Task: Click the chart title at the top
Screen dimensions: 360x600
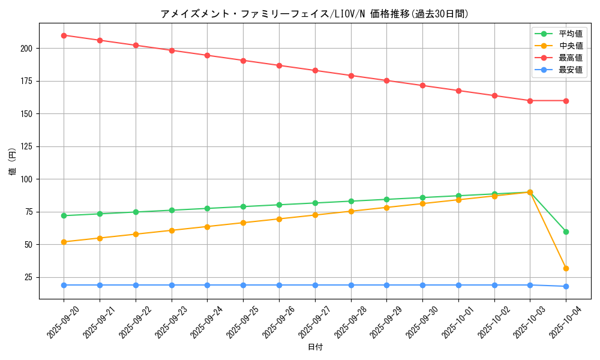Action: click(314, 14)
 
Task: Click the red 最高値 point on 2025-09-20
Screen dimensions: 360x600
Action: click(64, 35)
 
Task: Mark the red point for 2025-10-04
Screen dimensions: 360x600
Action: click(566, 101)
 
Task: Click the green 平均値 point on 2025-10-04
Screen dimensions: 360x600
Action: click(566, 232)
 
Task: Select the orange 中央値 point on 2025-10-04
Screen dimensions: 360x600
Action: click(566, 268)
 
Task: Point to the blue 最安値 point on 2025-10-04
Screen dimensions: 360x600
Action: click(566, 286)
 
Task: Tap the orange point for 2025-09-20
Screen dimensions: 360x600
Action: click(64, 242)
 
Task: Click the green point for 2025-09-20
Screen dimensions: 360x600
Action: click(64, 215)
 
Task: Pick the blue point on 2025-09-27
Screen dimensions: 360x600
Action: click(315, 285)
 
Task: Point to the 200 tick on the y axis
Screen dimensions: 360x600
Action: click(28, 48)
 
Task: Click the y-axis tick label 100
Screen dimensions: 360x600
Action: click(28, 179)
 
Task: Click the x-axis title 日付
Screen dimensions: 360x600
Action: click(315, 347)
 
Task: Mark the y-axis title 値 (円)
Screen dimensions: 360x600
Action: click(13, 161)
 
